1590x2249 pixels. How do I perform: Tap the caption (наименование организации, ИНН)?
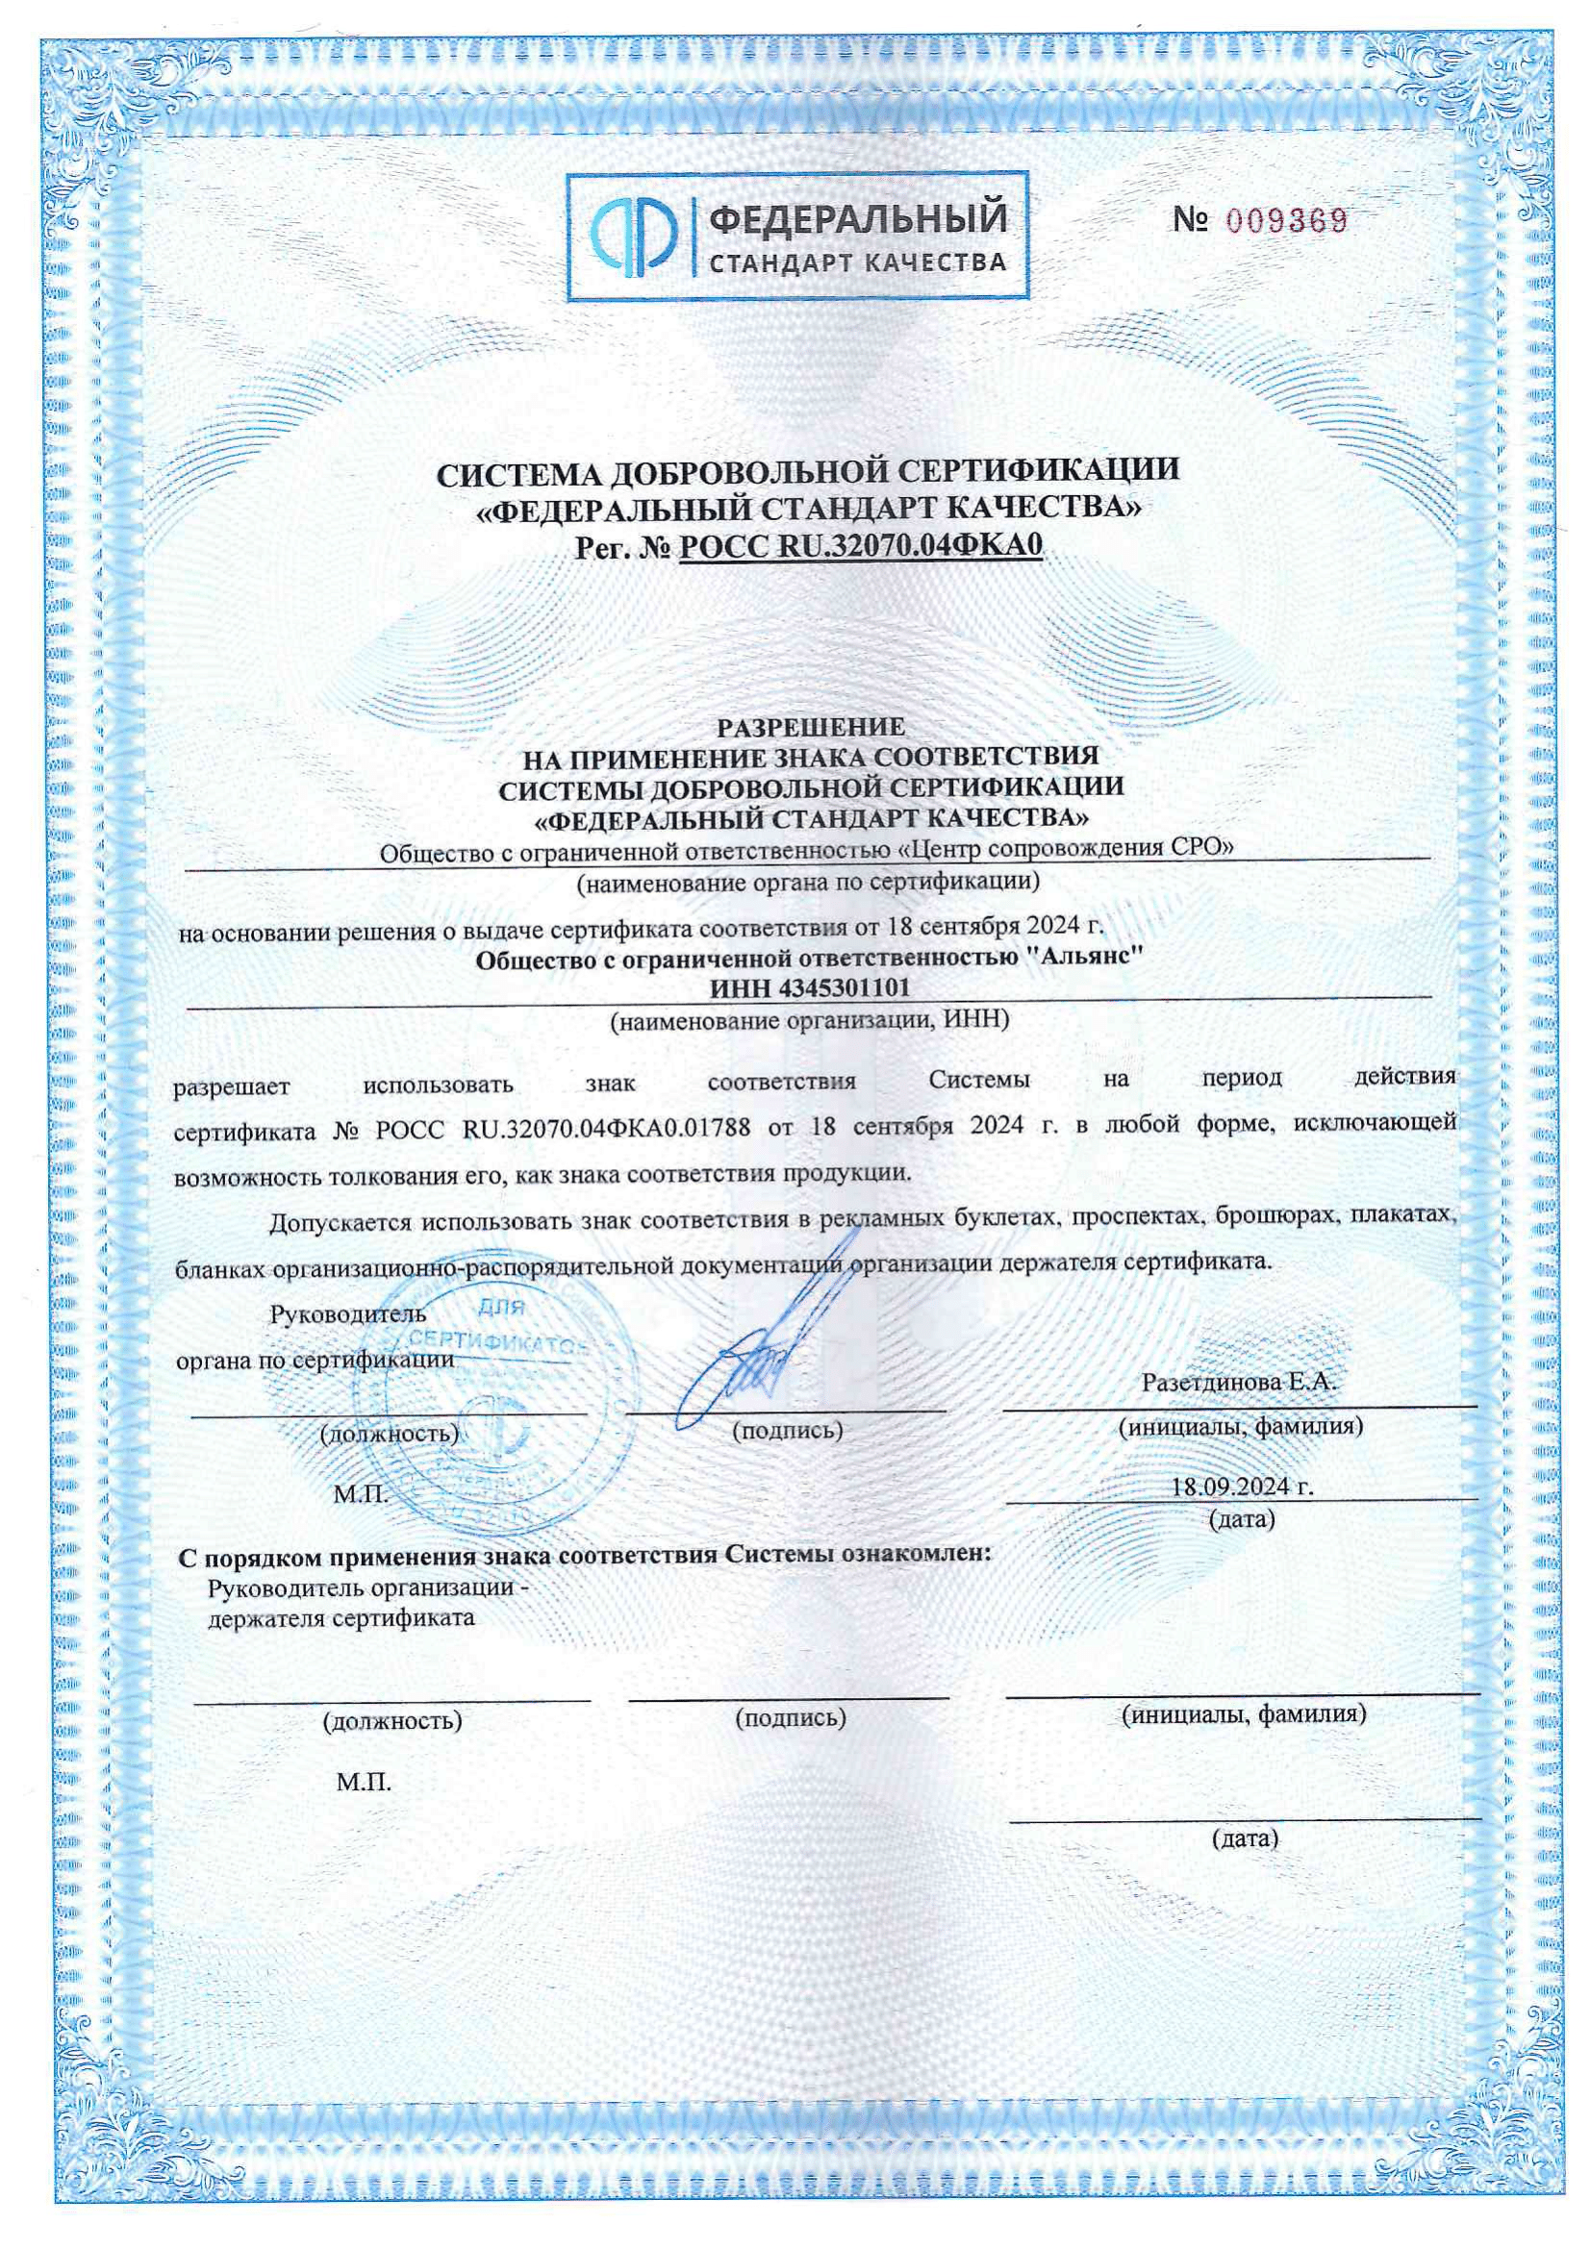pos(809,1021)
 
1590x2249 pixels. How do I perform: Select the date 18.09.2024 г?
pos(1242,1486)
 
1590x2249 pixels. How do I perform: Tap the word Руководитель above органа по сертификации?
pos(348,1313)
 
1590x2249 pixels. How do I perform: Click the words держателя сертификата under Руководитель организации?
pos(341,1617)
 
